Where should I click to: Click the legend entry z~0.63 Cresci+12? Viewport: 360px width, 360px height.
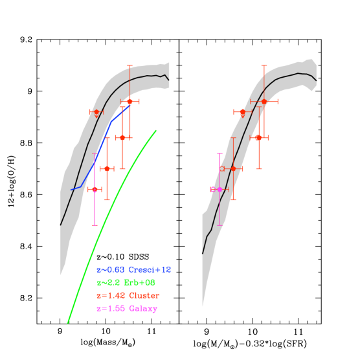(133, 269)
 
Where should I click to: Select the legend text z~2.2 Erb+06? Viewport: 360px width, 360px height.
(126, 283)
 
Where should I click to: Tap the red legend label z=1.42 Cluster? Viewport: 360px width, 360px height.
(128, 296)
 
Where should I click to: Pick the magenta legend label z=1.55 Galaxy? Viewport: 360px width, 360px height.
(126, 309)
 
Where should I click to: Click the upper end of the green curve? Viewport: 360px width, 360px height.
(156, 131)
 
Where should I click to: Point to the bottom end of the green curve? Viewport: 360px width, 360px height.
(68, 322)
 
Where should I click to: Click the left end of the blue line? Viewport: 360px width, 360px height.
(71, 190)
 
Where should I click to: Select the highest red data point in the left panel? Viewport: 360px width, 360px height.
(129, 102)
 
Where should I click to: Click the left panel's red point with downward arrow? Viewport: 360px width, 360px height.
(96, 112)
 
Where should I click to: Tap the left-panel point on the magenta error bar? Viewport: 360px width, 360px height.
(95, 189)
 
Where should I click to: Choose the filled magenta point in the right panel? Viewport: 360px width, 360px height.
(219, 189)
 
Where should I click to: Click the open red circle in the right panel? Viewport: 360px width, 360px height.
(222, 168)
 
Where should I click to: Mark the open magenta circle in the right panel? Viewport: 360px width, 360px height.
(212, 189)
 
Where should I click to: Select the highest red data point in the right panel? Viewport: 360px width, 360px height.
(264, 102)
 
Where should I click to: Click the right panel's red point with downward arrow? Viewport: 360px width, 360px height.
(242, 112)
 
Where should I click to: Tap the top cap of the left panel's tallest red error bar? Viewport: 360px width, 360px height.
(129, 65)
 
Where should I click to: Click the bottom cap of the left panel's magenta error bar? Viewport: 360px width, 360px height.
(95, 225)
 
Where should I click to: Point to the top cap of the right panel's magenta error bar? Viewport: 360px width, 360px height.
(219, 153)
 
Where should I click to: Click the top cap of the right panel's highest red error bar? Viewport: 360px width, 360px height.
(264, 65)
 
